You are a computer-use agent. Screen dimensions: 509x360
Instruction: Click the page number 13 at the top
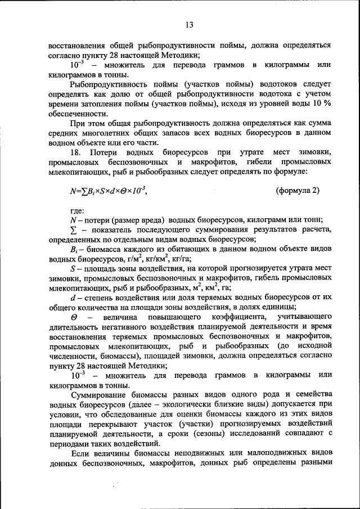point(188,24)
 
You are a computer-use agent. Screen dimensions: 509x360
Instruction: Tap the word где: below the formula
point(78,211)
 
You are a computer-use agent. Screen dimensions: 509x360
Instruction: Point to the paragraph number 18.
point(76,152)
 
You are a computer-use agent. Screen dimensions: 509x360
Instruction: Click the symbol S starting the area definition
point(73,271)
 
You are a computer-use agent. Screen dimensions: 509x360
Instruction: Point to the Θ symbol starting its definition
point(74,318)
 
